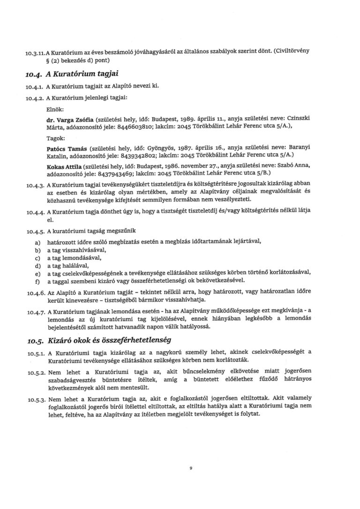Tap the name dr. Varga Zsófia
click(70, 120)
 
